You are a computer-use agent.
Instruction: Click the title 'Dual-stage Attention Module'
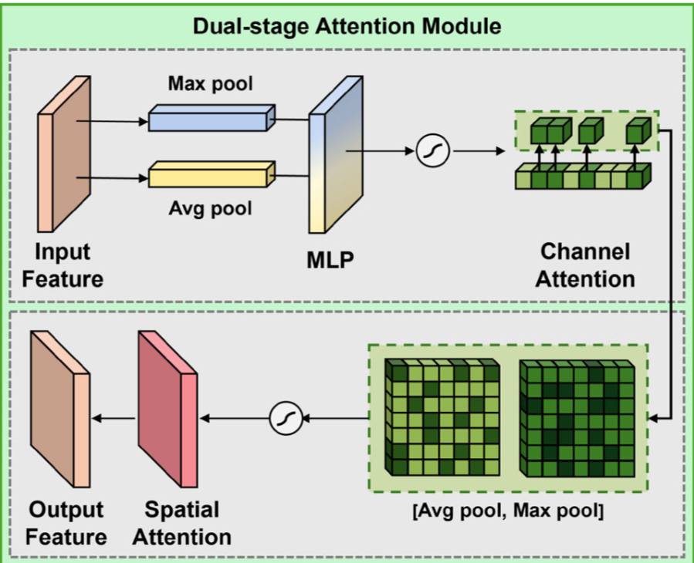coord(347,26)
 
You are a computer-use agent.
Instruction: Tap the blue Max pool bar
coord(211,119)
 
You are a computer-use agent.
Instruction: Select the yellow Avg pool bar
coord(211,175)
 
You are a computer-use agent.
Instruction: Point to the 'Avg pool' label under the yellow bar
coord(211,209)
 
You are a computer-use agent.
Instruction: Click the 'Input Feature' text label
coord(63,265)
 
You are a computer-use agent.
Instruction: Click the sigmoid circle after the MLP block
coord(432,151)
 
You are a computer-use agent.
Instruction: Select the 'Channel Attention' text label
coord(585,265)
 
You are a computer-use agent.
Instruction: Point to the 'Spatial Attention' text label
coord(181,523)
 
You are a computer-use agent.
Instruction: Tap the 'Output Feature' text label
coord(66,523)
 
